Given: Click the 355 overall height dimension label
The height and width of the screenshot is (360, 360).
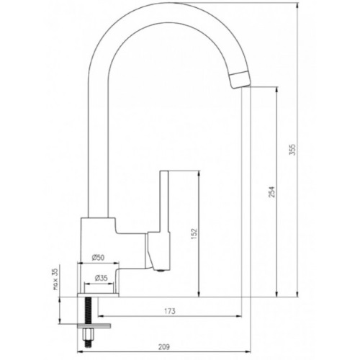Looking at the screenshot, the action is (293, 150).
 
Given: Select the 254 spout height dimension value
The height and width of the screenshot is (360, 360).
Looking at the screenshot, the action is (271, 192).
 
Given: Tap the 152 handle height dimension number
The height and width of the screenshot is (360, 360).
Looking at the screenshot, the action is (194, 233).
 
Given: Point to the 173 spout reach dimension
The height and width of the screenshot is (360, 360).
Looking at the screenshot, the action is (170, 311).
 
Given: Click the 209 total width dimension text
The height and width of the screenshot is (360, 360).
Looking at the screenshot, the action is (164, 347).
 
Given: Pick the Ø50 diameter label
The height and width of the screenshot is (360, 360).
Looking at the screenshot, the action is (98, 258).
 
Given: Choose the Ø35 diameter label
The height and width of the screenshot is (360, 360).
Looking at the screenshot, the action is (102, 278).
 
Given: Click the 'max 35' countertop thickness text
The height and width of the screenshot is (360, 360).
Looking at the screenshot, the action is (55, 279).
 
